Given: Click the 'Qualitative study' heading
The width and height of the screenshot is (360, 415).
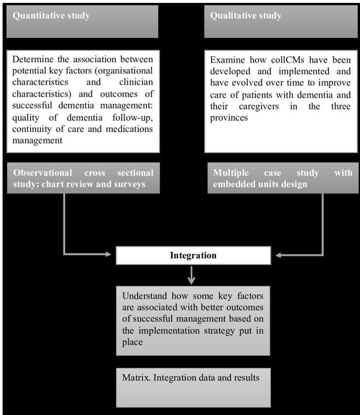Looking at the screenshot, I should point(246,16).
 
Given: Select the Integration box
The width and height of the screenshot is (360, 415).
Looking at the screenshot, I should point(193,255).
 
